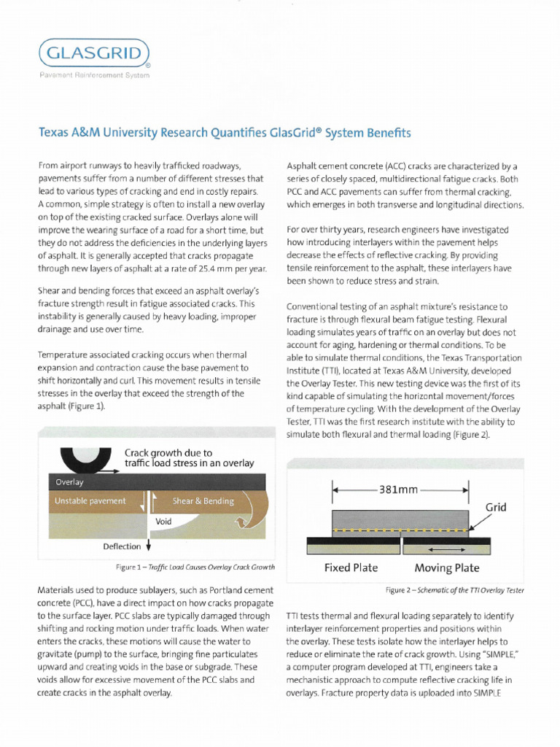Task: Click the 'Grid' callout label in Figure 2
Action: point(496,506)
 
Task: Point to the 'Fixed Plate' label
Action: point(351,568)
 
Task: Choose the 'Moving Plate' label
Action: point(447,568)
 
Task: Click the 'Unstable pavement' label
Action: point(90,501)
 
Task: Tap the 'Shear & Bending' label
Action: point(203,501)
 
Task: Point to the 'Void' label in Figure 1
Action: point(164,522)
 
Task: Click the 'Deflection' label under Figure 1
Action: point(122,545)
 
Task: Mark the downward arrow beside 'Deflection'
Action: point(149,544)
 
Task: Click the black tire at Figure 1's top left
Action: point(86,458)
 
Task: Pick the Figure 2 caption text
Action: point(454,589)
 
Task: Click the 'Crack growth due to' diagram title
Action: point(168,452)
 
